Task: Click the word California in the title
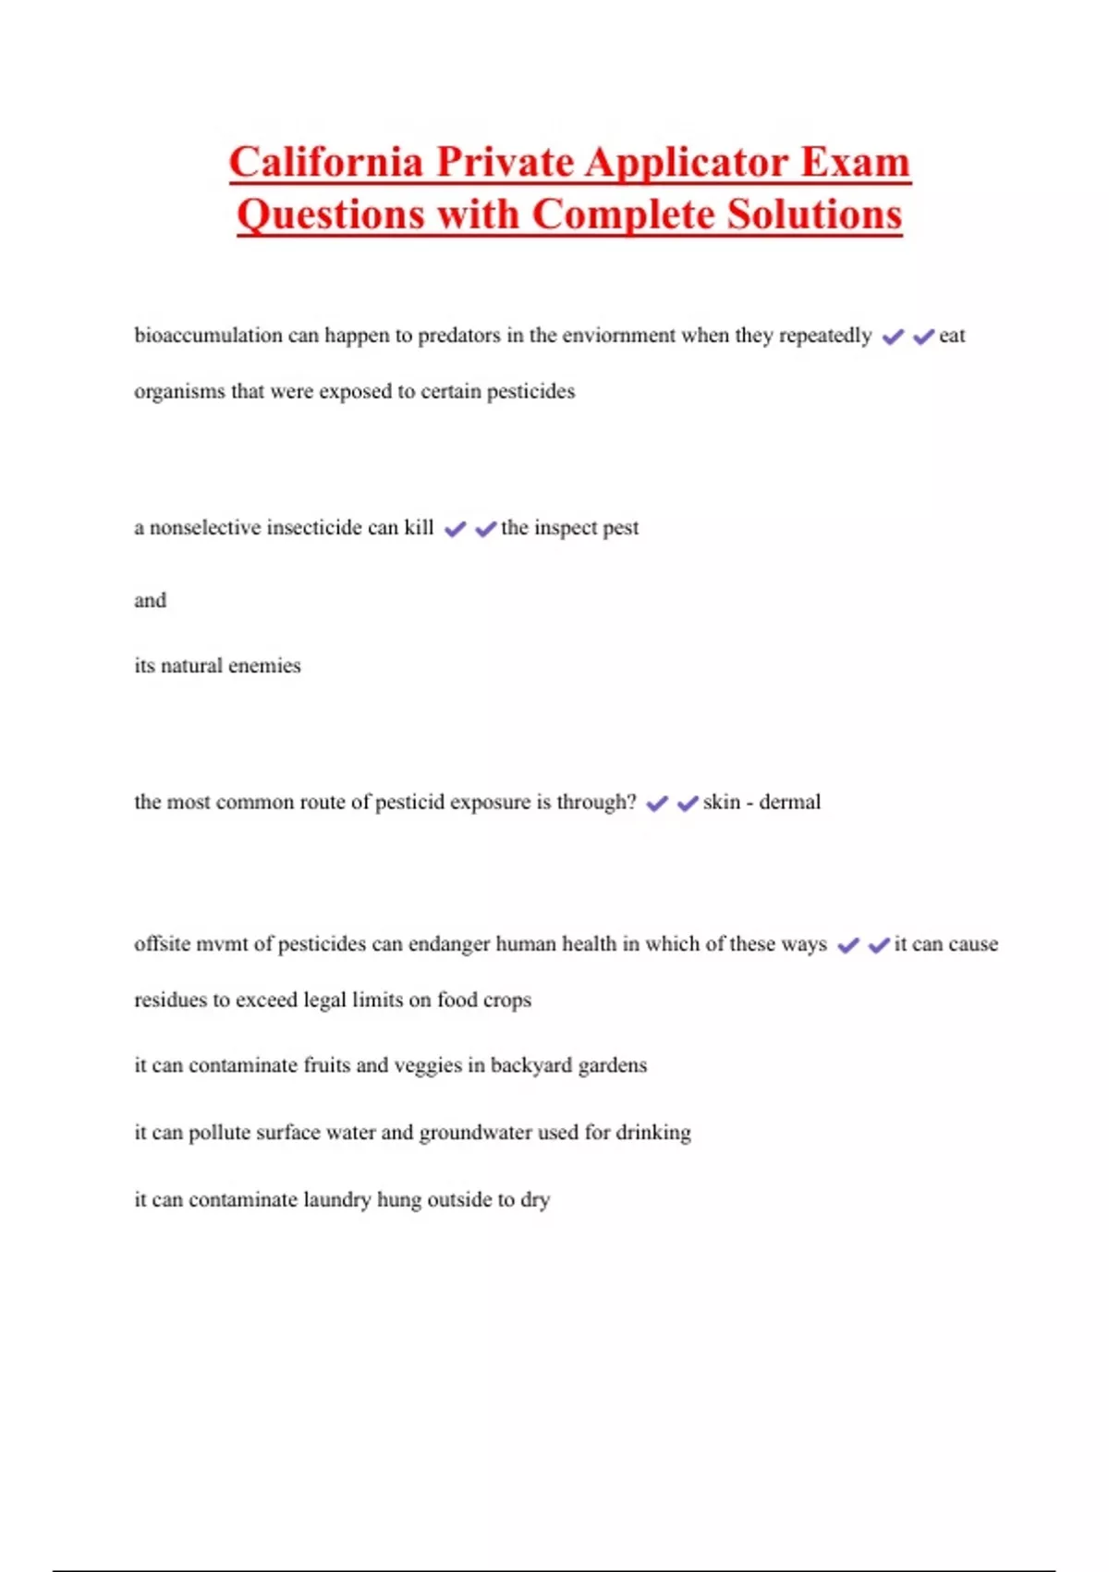pyautogui.click(x=325, y=163)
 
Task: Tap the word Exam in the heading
pyautogui.click(x=855, y=163)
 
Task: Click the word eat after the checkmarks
pyautogui.click(x=952, y=335)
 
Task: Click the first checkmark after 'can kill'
pyautogui.click(x=455, y=529)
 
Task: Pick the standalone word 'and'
pyautogui.click(x=150, y=600)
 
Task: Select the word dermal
pyautogui.click(x=789, y=802)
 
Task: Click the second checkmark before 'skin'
pyautogui.click(x=687, y=804)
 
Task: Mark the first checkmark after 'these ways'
pyautogui.click(x=847, y=945)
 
